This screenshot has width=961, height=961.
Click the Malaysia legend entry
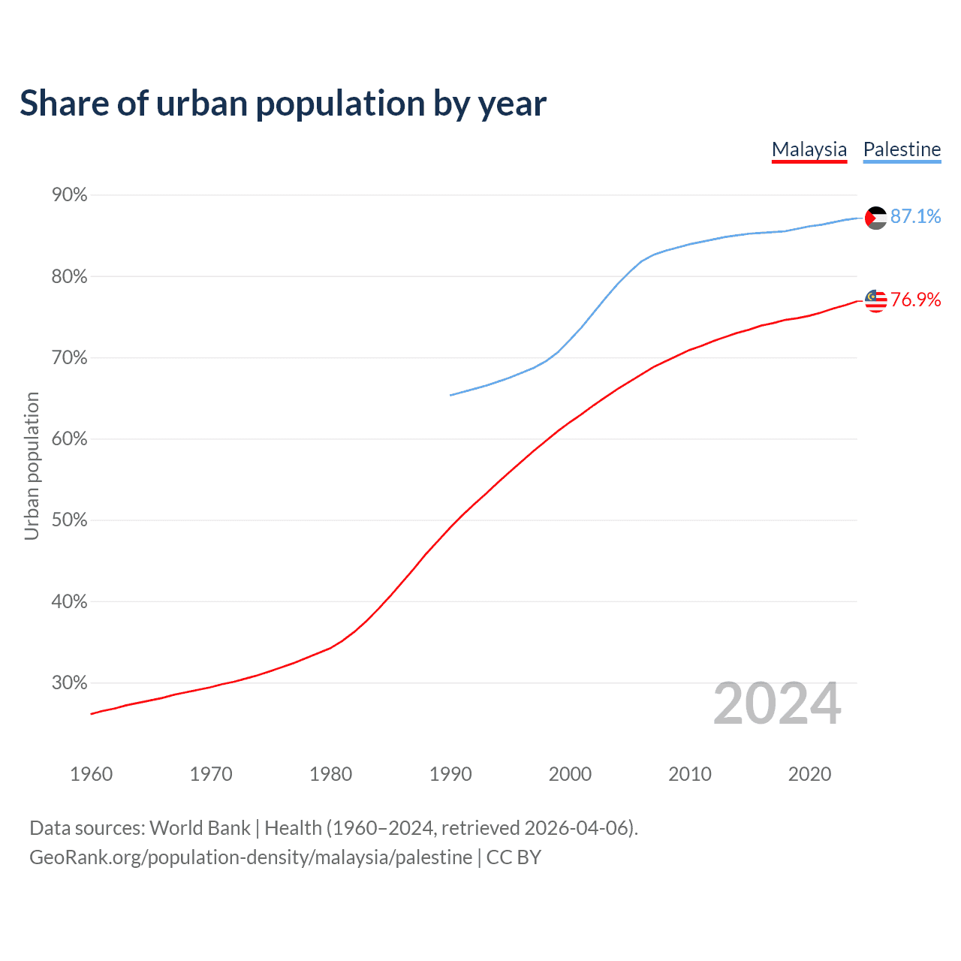[x=809, y=149]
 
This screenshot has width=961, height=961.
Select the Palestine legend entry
[x=902, y=149]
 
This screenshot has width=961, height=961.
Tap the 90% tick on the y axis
[x=70, y=195]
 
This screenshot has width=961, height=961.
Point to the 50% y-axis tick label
[x=70, y=520]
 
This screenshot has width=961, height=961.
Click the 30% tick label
[x=70, y=683]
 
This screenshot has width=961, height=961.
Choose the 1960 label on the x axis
[x=91, y=774]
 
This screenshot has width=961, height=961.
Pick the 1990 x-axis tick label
[x=450, y=774]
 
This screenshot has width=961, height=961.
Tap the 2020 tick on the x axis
[x=809, y=774]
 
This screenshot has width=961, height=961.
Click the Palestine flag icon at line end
[x=876, y=218]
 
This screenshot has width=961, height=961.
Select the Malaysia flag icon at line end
[x=876, y=300]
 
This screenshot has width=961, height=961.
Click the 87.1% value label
[x=915, y=216]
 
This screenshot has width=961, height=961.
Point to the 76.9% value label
[x=915, y=300]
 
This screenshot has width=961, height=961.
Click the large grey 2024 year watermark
[x=777, y=703]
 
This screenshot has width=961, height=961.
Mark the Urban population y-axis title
[x=32, y=465]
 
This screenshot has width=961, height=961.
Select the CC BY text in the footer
[x=514, y=857]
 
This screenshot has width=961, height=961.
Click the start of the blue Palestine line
[x=450, y=395]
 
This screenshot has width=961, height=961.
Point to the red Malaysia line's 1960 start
[x=92, y=713]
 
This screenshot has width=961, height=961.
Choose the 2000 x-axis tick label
[x=570, y=774]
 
